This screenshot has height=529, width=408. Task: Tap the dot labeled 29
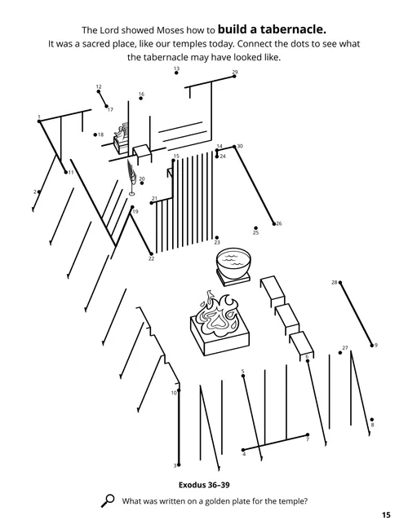click(233, 78)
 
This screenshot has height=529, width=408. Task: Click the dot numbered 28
click(340, 283)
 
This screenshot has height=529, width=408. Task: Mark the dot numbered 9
click(372, 345)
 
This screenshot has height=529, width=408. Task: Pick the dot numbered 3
click(179, 465)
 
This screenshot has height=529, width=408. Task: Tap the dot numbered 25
click(255, 227)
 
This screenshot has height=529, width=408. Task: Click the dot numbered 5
click(243, 377)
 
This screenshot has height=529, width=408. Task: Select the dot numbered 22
click(151, 253)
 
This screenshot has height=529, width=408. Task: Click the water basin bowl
click(234, 264)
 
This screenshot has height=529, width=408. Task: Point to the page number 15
click(385, 514)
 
